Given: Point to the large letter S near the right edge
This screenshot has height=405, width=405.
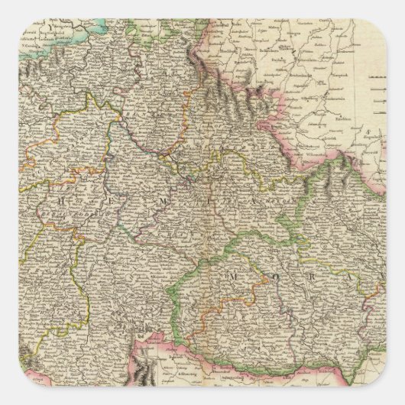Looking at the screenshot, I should [x=367, y=132].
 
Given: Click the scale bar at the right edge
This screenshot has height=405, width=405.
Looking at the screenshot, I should [x=379, y=92].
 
